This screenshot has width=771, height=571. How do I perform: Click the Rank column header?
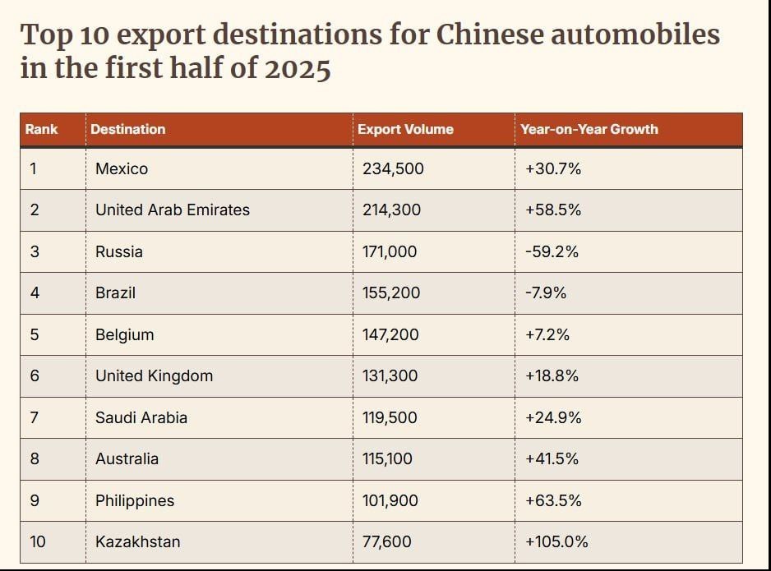[x=41, y=129]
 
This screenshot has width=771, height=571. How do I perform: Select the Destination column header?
[x=127, y=129]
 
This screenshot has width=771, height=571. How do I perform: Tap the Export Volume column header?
[x=405, y=129]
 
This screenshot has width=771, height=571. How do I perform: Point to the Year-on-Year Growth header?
[x=589, y=129]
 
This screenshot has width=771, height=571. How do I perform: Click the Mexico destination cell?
[x=122, y=168]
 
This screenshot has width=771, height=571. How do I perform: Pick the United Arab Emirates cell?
[x=172, y=210]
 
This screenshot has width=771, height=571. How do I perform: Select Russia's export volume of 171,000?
[x=390, y=251]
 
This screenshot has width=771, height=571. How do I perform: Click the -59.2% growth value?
[x=552, y=251]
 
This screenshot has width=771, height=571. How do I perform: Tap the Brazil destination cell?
[x=115, y=292]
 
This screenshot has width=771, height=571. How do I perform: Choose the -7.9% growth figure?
[x=546, y=292]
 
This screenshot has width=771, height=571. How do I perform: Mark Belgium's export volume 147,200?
[x=390, y=334]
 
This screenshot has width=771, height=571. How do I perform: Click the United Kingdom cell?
[x=154, y=375]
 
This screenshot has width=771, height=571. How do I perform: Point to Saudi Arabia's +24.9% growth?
[x=553, y=417]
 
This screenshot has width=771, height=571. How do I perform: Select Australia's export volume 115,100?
[x=388, y=458]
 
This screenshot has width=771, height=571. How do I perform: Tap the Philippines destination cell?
[x=135, y=500]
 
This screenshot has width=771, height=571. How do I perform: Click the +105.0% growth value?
[x=556, y=541]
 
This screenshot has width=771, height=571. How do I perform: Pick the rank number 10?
[x=38, y=541]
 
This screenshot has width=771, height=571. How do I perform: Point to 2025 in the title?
[x=297, y=68]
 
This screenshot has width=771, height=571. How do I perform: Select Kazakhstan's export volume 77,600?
[x=387, y=541]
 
